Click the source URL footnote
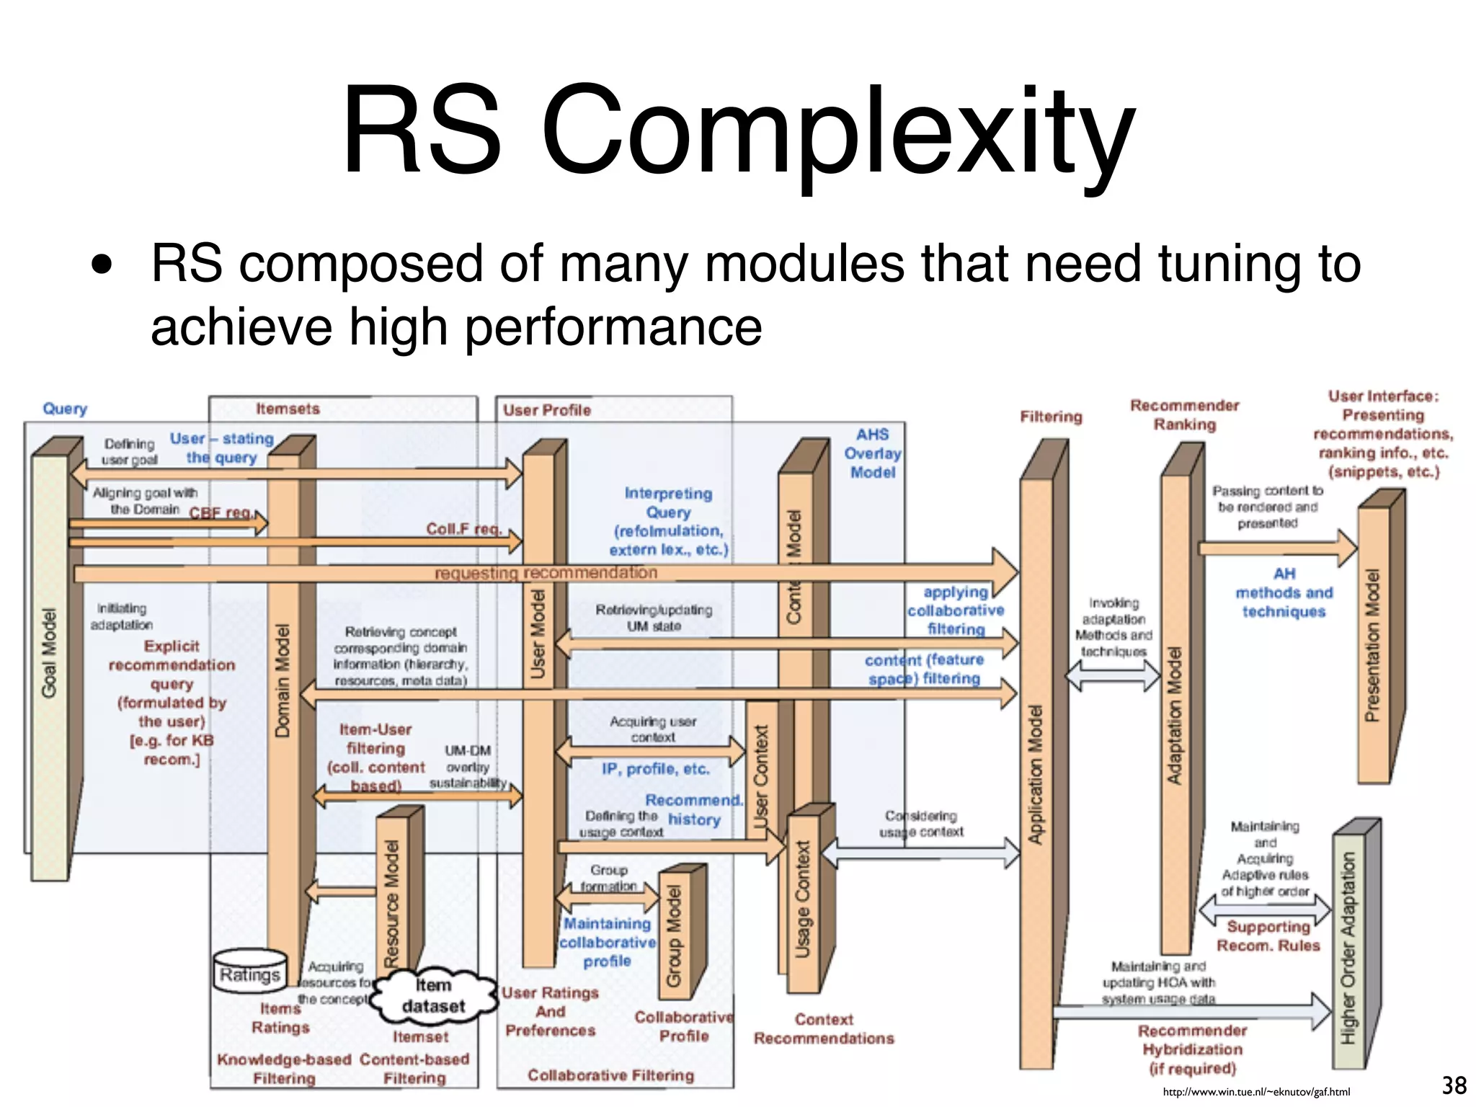click(1256, 1092)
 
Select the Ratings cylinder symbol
click(249, 973)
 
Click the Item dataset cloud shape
click(434, 995)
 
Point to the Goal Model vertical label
click(48, 653)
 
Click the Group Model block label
click(674, 936)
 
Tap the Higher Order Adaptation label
click(1348, 948)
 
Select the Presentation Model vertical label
click(1372, 645)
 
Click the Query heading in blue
click(65, 409)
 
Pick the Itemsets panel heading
click(288, 409)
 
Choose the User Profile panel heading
click(546, 410)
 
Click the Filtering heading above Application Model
click(1051, 417)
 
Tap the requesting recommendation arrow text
click(546, 572)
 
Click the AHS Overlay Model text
click(872, 453)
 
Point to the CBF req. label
click(221, 512)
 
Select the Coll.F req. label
click(463, 529)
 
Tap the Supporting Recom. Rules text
click(1268, 935)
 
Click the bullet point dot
click(102, 264)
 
